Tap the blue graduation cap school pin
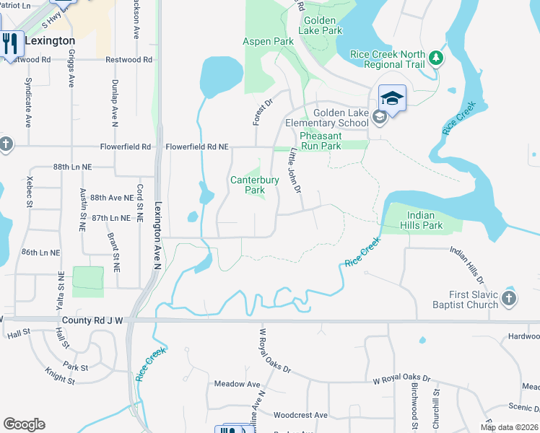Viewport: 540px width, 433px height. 392,98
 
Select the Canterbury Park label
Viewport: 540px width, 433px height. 248,185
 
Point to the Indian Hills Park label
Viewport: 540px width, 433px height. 424,220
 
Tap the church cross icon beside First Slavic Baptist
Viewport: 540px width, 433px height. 509,298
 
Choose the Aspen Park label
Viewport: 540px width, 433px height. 268,42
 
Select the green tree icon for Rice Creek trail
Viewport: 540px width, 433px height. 435,57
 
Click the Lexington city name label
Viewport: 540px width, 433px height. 50,41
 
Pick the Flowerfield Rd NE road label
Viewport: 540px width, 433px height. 197,146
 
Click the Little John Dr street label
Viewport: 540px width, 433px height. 295,171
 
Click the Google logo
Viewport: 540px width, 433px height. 24,424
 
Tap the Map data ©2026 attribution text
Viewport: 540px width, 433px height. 508,427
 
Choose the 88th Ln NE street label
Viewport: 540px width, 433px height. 73,167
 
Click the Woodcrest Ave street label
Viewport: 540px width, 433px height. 300,415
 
